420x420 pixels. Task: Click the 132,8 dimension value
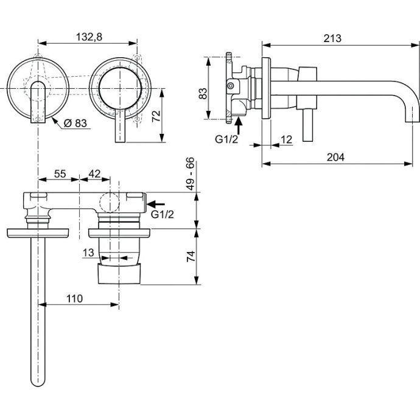tap(88, 37)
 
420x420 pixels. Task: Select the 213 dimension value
tap(333, 38)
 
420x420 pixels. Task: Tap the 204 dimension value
tap(335, 156)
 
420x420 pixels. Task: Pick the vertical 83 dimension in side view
tap(204, 93)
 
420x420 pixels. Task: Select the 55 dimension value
tap(59, 173)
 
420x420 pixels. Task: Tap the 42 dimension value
tap(94, 173)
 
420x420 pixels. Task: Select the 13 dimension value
tap(88, 253)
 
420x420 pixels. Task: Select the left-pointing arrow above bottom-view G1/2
tap(156, 204)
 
